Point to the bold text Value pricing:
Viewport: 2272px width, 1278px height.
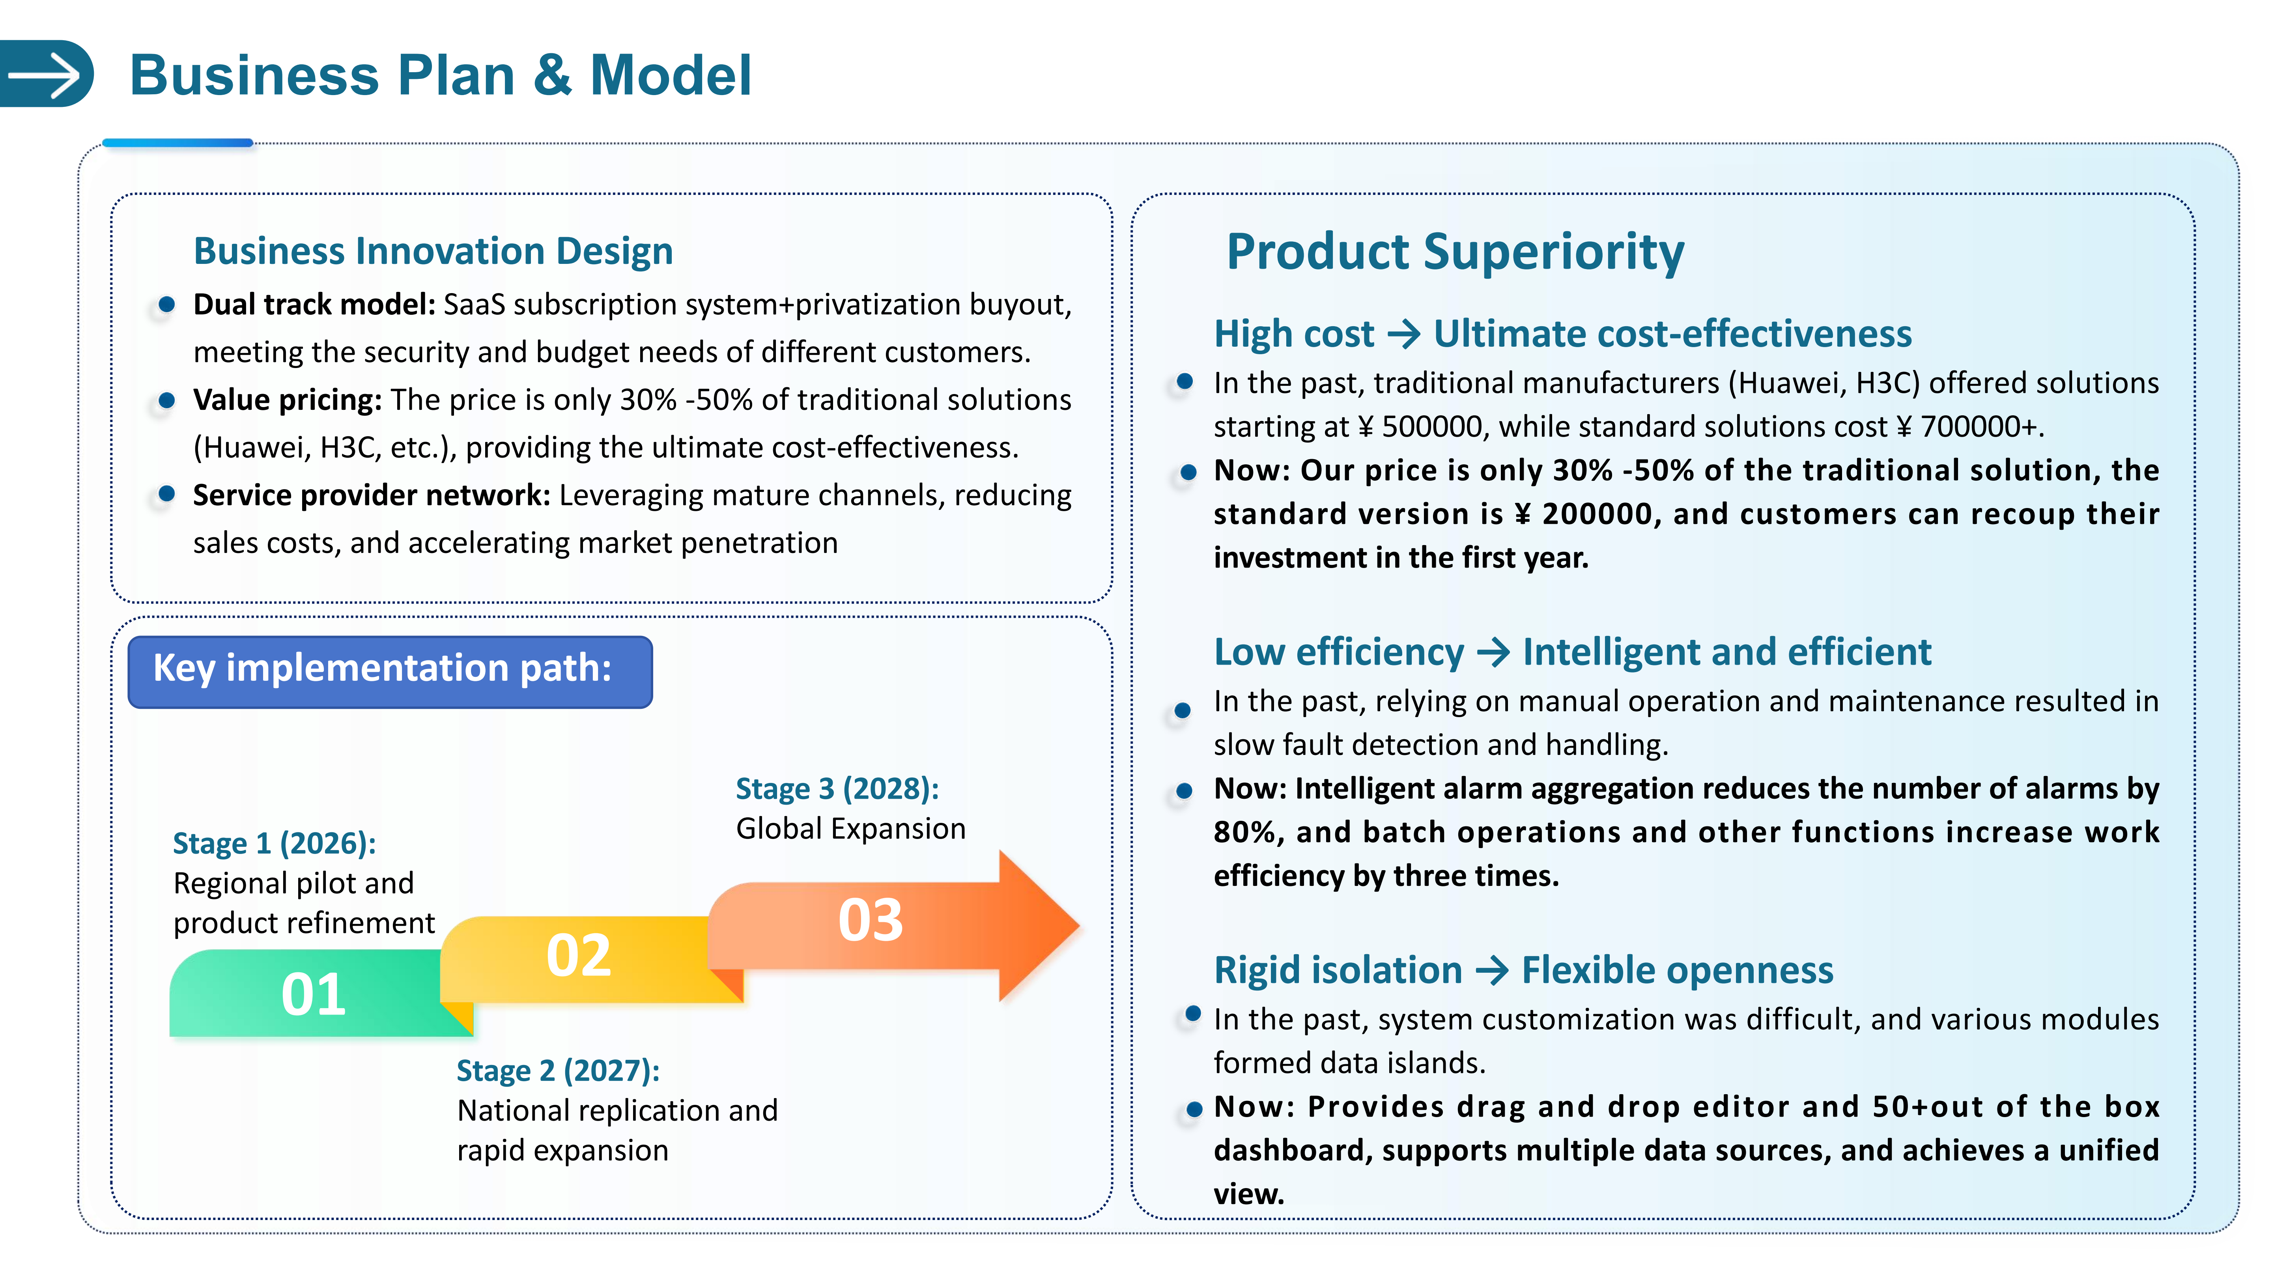click(287, 400)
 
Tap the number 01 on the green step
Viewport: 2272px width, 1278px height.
click(313, 995)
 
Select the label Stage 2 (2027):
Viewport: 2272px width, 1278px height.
click(557, 1071)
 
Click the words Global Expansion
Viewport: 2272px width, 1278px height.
click(850, 829)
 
